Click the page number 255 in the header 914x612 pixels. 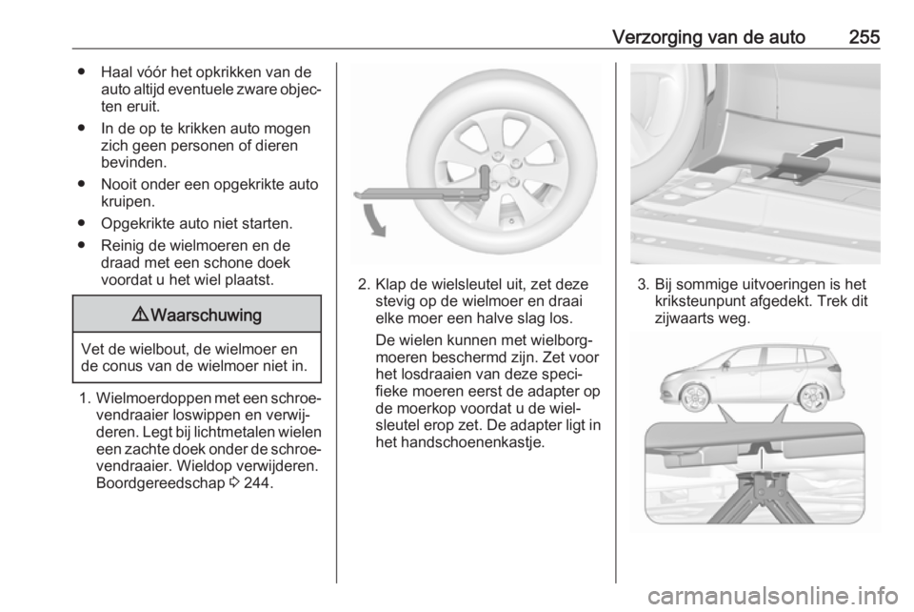(861, 36)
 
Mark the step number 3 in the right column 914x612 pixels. (639, 285)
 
